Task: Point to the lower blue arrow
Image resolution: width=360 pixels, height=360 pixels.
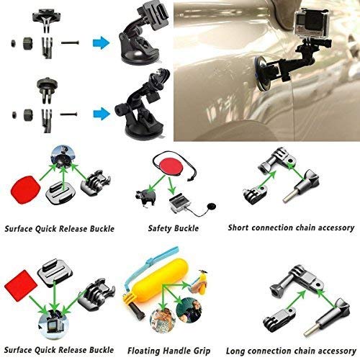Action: point(101,111)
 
